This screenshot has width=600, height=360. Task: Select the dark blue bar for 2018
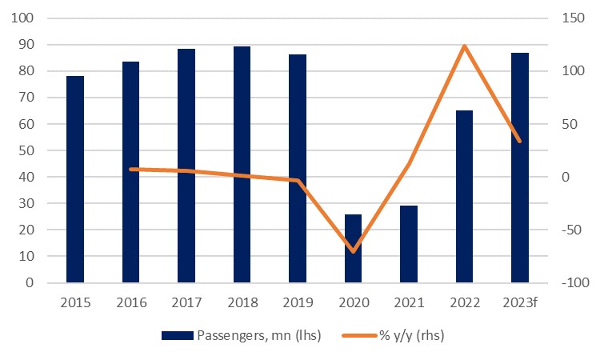[x=242, y=164]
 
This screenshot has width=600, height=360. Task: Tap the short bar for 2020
[x=353, y=248]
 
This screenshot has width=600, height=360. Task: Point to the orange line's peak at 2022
[x=464, y=46]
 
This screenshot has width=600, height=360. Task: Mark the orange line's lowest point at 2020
[x=353, y=251]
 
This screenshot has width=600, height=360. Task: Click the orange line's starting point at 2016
[x=131, y=169]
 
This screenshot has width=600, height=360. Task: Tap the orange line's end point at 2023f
[x=520, y=142]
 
